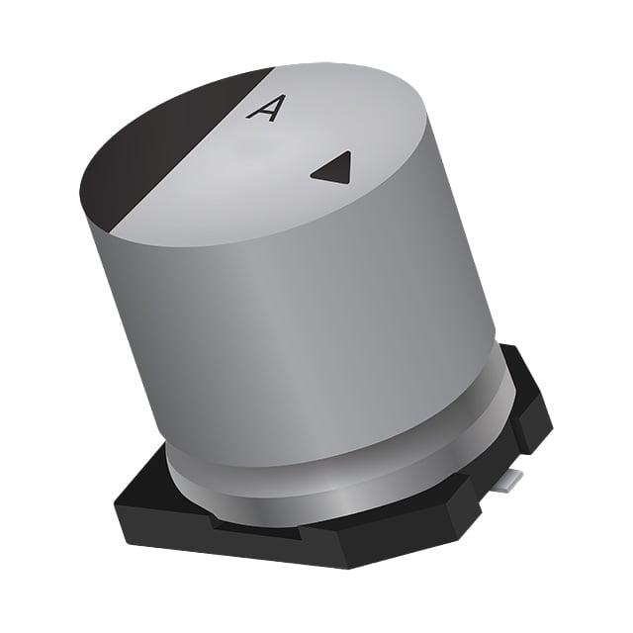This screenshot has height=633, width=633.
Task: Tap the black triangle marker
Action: (x=333, y=169)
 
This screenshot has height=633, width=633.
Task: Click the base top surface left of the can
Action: (x=148, y=485)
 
